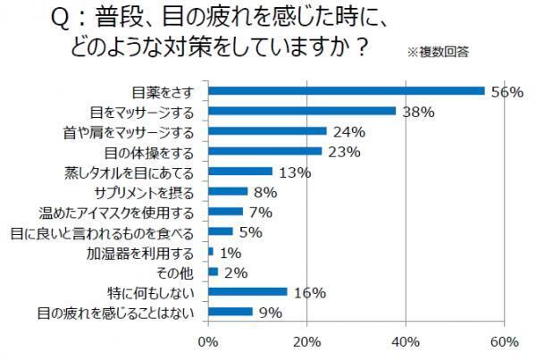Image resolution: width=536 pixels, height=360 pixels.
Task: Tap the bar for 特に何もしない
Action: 247,291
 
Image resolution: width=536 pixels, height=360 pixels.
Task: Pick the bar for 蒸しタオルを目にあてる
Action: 240,172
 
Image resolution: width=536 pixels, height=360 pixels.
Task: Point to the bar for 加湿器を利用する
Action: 211,252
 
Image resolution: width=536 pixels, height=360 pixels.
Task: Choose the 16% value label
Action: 309,292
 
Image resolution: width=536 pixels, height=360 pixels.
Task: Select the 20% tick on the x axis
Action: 307,340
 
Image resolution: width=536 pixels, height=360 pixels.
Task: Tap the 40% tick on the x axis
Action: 406,340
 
